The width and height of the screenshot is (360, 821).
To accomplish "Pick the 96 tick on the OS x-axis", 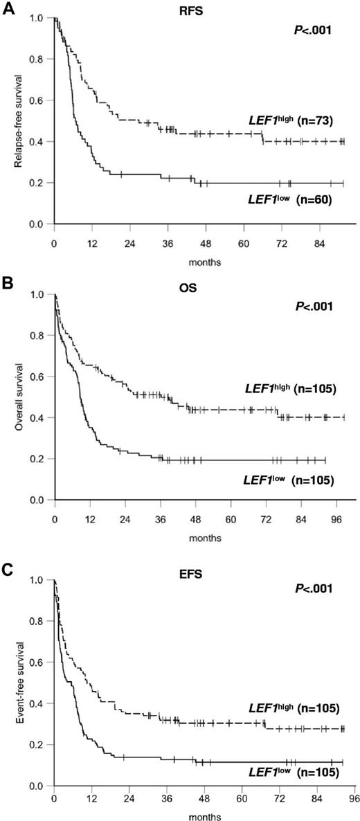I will [x=336, y=519].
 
